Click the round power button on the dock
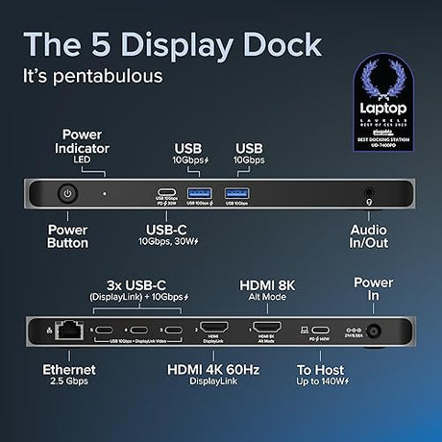click(66, 193)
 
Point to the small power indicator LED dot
click(105, 193)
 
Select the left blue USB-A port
click(199, 194)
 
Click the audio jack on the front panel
click(368, 193)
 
